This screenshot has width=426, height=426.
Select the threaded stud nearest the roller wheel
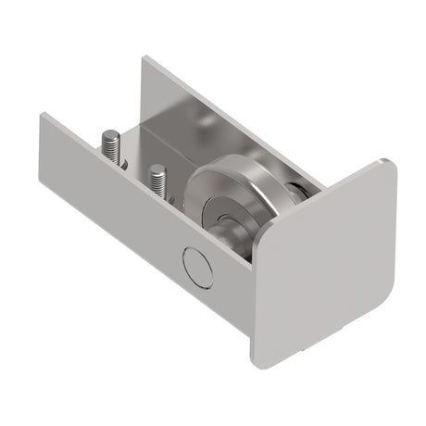tap(157, 181)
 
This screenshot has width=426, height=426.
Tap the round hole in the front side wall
tap(198, 267)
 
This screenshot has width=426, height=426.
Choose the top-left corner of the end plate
tap(262, 228)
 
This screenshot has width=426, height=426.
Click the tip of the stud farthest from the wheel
tap(107, 134)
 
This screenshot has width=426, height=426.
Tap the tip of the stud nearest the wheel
tap(157, 169)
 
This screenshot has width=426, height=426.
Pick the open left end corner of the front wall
tap(41, 116)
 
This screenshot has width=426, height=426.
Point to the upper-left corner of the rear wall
tap(144, 59)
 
